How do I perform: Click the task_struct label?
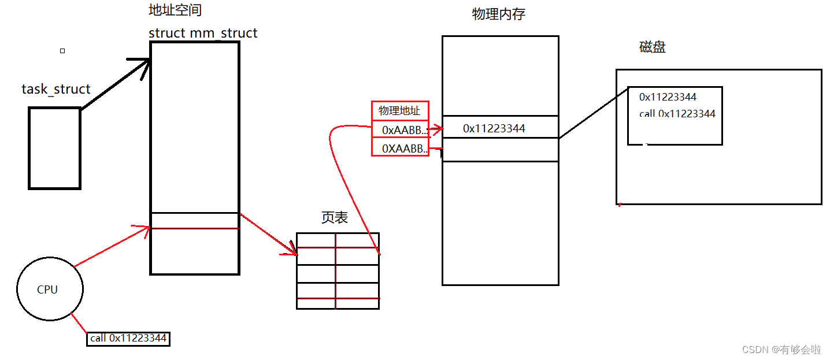(x=56, y=90)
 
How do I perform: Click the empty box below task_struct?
(x=55, y=148)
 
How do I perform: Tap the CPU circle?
(x=50, y=290)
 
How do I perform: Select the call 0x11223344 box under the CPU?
(x=128, y=338)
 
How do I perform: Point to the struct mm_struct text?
(x=203, y=33)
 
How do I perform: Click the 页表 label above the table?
(x=335, y=217)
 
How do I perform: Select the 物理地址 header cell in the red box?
(x=399, y=110)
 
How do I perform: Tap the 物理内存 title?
(x=498, y=14)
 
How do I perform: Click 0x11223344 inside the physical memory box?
(x=494, y=128)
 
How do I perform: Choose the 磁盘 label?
(x=653, y=47)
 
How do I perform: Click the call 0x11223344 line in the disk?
(x=677, y=114)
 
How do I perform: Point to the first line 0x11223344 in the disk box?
(x=668, y=97)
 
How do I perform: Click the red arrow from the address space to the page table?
(x=268, y=234)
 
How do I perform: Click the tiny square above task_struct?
(x=62, y=51)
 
